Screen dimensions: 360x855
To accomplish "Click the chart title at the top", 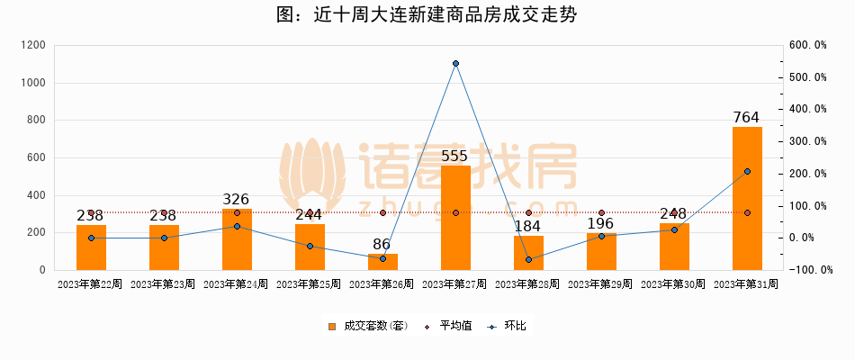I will coord(427,15).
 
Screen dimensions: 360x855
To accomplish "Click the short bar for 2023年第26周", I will coord(382,262).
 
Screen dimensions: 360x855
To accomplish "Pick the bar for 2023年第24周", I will coord(237,239).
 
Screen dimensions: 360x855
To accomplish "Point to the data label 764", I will coord(747,117).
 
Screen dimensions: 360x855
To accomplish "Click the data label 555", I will coord(455,156).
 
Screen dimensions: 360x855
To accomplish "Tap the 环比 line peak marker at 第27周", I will coord(456,64).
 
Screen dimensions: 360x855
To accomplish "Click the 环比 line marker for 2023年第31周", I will coord(747,171).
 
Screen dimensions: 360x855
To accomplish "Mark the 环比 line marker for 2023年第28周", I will coord(528,260).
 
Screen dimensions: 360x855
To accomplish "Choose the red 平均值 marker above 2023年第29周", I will coord(601,213).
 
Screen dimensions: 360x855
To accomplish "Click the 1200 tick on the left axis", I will coord(33,45).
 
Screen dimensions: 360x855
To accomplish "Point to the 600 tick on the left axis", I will coord(37,157).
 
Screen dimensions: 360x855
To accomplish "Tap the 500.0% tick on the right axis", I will coord(807,77).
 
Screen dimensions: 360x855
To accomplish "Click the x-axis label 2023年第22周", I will coord(91,284).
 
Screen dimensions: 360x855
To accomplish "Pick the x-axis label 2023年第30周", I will coord(674,284).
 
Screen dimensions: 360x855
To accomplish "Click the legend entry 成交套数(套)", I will coord(367,326).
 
